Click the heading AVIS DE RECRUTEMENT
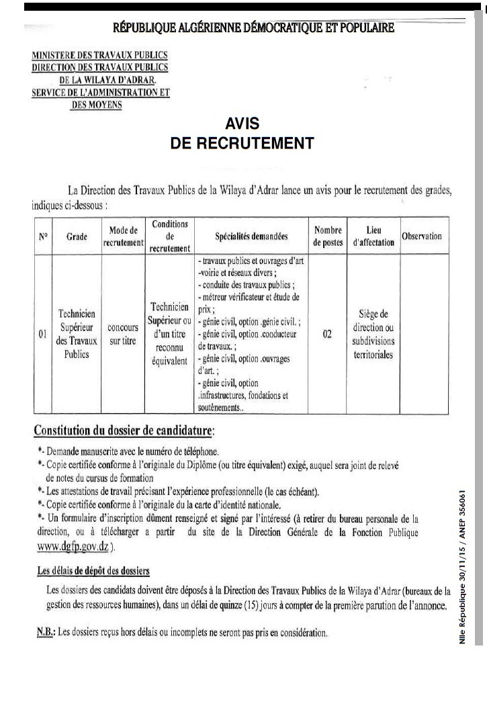click(x=242, y=134)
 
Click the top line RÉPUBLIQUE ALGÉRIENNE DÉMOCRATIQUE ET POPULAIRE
click(x=254, y=28)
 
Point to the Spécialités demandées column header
click(x=251, y=236)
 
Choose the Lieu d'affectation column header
click(x=373, y=236)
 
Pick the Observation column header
click(x=422, y=236)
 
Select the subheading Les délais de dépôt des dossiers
click(x=93, y=571)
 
